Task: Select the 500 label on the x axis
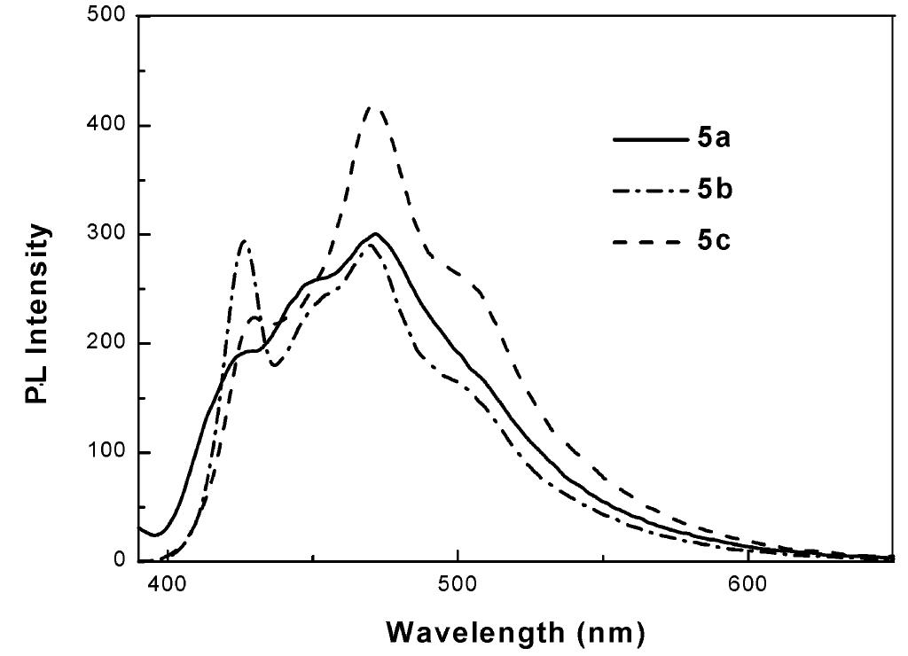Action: point(458,585)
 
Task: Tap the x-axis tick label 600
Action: point(748,585)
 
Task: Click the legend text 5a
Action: point(712,139)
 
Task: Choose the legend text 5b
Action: point(712,190)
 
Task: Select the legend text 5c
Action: point(712,240)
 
